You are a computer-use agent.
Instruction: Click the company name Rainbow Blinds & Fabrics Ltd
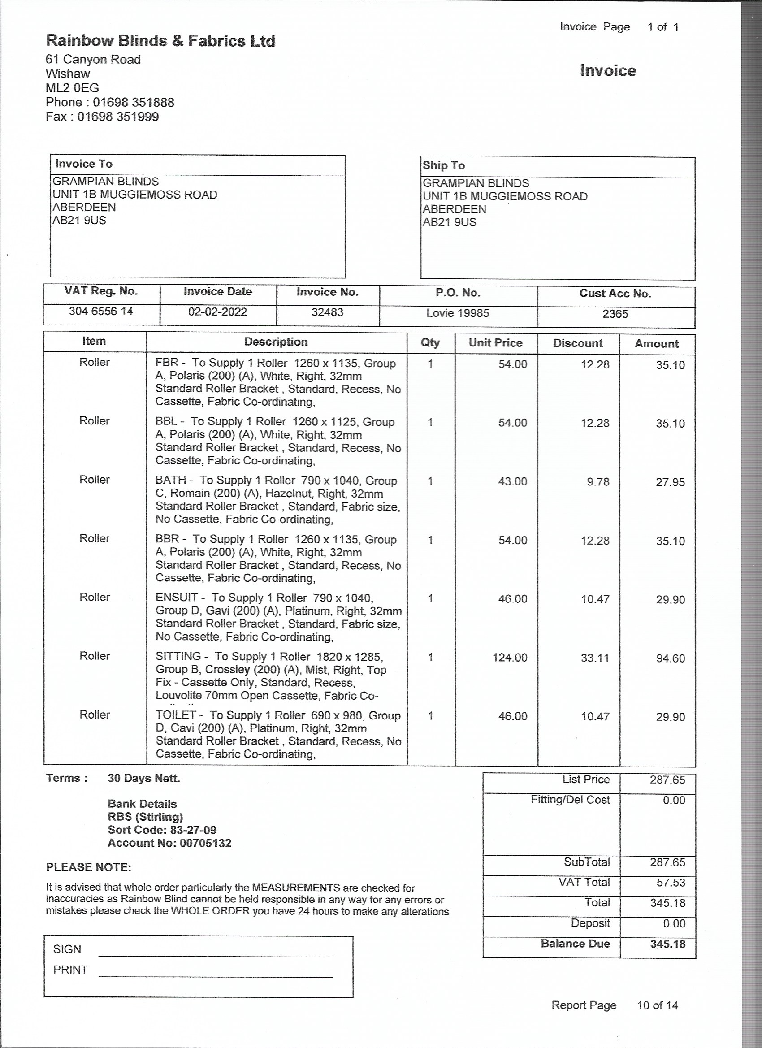[x=160, y=41]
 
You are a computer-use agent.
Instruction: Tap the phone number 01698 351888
[x=133, y=102]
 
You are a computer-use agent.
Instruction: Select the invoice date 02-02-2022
[x=217, y=312]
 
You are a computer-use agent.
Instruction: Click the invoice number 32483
[x=327, y=312]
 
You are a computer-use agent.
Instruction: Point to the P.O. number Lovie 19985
[x=458, y=313]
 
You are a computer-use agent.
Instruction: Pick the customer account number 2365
[x=615, y=314]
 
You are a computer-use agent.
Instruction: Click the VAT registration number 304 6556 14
[x=101, y=311]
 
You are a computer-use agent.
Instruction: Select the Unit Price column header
[x=495, y=342]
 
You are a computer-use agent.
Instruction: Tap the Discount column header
[x=578, y=343]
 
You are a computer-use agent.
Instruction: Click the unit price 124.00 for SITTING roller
[x=510, y=658]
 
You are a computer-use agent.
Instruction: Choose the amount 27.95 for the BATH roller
[x=670, y=482]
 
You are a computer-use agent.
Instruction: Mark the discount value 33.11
[x=595, y=658]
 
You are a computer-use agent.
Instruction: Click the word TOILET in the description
[x=176, y=715]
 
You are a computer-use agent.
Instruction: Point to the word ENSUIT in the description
[x=177, y=598]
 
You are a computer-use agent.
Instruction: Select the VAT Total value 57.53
[x=671, y=882]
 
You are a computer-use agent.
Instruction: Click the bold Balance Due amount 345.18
[x=667, y=944]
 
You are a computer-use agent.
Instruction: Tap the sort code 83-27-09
[x=193, y=830]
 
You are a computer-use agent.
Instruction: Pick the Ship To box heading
[x=444, y=165]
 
